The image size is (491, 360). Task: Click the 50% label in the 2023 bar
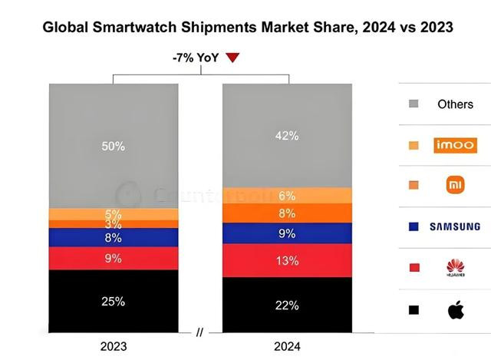(113, 146)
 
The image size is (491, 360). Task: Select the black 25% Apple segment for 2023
(113, 301)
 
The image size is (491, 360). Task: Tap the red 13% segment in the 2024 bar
(288, 261)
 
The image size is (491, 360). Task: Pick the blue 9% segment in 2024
(288, 233)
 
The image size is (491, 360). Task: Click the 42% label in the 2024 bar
(288, 135)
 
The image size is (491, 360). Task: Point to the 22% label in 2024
(288, 306)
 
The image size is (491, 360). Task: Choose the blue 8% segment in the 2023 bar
(113, 238)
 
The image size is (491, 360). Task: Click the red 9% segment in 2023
(113, 258)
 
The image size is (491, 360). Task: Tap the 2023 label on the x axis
(113, 345)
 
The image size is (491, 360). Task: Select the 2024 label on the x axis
(288, 345)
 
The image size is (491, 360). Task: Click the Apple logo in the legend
(455, 310)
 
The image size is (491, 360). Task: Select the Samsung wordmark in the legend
(455, 226)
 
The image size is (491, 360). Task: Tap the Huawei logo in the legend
(455, 267)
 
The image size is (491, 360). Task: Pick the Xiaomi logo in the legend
(455, 185)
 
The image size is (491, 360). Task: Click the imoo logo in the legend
(455, 144)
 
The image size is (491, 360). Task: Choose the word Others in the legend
(455, 104)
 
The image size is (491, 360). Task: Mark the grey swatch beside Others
(414, 104)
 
